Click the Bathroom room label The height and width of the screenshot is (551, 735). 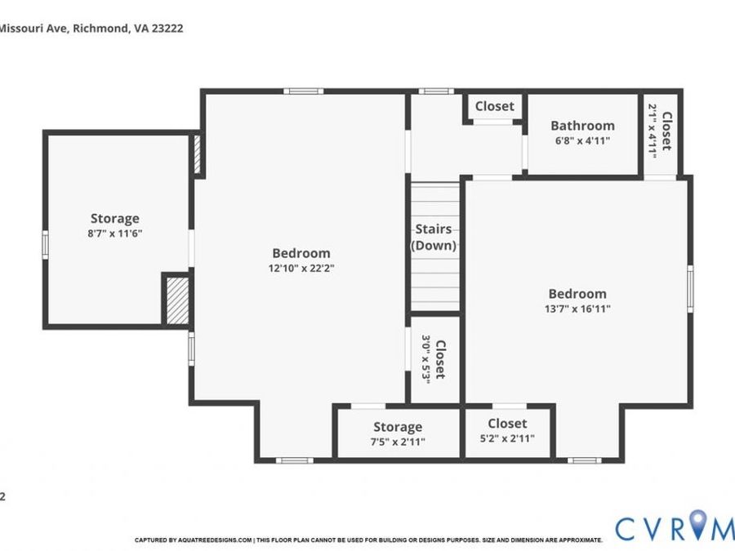pyautogui.click(x=582, y=126)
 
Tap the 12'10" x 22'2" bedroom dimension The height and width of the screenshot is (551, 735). pyautogui.click(x=301, y=269)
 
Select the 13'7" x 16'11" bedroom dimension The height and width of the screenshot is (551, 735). pyautogui.click(x=577, y=309)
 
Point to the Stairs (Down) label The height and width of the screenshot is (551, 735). pyautogui.click(x=434, y=238)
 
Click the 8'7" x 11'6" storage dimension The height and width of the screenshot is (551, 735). pyautogui.click(x=115, y=233)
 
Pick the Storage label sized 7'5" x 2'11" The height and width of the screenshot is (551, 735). pyautogui.click(x=398, y=427)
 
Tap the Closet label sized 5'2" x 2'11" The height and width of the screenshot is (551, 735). pyautogui.click(x=507, y=424)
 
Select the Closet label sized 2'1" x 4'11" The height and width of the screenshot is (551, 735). pyautogui.click(x=666, y=131)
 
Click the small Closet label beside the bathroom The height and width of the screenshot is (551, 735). pyautogui.click(x=495, y=106)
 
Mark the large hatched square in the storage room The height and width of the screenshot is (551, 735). pyautogui.click(x=178, y=300)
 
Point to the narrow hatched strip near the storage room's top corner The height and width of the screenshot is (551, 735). pyautogui.click(x=198, y=154)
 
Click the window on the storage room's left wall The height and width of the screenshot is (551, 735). pyautogui.click(x=46, y=245)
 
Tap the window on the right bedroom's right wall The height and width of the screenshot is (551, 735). pyautogui.click(x=690, y=288)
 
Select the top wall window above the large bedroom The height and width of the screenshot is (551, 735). pyautogui.click(x=303, y=91)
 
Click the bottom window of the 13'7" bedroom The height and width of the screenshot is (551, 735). pyautogui.click(x=584, y=460)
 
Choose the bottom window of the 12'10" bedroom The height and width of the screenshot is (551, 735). pyautogui.click(x=294, y=460)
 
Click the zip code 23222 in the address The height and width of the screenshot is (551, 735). pyautogui.click(x=167, y=28)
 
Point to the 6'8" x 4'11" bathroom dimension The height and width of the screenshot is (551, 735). pyautogui.click(x=582, y=140)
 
